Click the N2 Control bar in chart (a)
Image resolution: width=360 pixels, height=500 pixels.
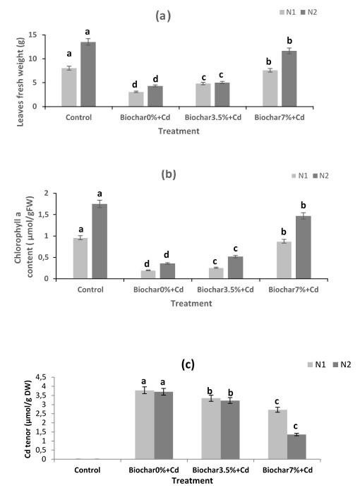[88, 74]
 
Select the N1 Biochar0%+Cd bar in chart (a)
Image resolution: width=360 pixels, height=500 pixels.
[136, 99]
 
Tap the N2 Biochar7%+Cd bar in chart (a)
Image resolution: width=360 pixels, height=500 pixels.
[289, 78]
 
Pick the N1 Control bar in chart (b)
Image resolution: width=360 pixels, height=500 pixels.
[80, 258]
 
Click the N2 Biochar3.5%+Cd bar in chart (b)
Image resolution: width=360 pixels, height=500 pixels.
[235, 268]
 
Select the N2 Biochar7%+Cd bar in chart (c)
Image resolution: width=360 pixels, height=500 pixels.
[296, 447]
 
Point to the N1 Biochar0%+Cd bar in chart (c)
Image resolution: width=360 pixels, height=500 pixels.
[145, 424]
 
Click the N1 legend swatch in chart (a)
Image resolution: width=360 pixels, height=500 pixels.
[282, 13]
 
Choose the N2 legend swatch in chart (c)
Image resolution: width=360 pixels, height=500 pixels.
[336, 364]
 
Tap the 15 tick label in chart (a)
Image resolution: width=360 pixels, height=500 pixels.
[32, 35]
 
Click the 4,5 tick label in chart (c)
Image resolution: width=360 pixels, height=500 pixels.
[41, 377]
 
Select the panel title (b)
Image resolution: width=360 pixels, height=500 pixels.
[169, 174]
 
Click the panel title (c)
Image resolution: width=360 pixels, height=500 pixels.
[188, 364]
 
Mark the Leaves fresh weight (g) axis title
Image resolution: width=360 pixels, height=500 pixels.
[20, 82]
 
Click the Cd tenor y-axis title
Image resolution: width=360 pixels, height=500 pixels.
[28, 419]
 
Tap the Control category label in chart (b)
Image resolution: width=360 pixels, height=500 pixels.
[90, 290]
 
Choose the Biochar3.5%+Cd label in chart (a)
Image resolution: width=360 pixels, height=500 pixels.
[213, 117]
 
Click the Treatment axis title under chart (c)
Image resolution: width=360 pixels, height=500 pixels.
[192, 480]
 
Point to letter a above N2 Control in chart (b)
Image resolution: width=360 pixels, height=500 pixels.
[100, 194]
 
